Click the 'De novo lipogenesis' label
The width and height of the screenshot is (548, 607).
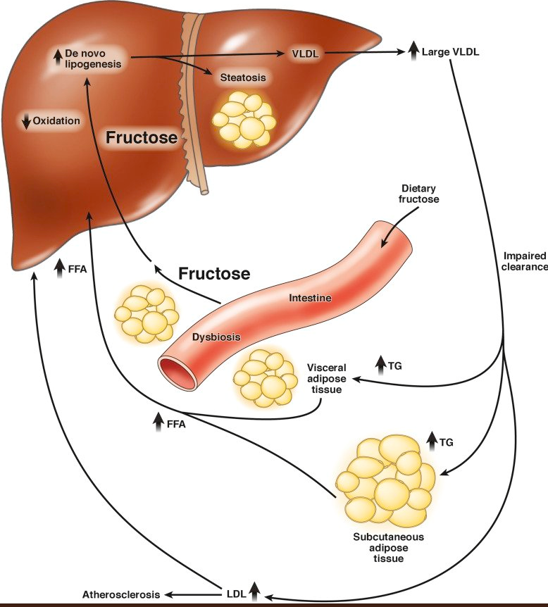tap(92, 58)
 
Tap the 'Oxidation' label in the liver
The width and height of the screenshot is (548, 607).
tap(56, 120)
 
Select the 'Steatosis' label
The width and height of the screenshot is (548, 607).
tap(243, 77)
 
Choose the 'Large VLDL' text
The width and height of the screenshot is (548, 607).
tap(451, 51)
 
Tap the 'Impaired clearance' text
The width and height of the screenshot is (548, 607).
tap(525, 261)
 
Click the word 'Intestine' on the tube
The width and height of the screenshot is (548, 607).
tap(310, 299)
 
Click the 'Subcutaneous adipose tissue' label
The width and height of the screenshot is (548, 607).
tap(389, 547)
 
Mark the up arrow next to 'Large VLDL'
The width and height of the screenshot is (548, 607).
tap(413, 51)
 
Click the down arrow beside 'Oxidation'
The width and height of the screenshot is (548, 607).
tap(27, 121)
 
